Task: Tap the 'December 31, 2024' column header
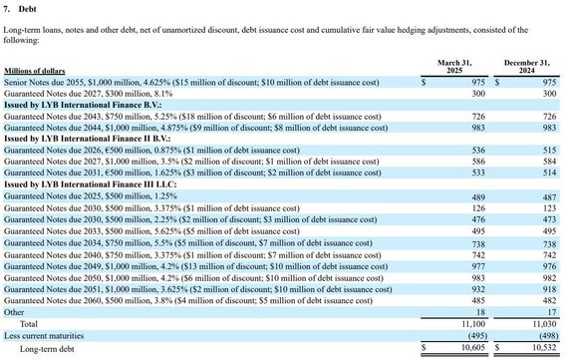click(x=526, y=67)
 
